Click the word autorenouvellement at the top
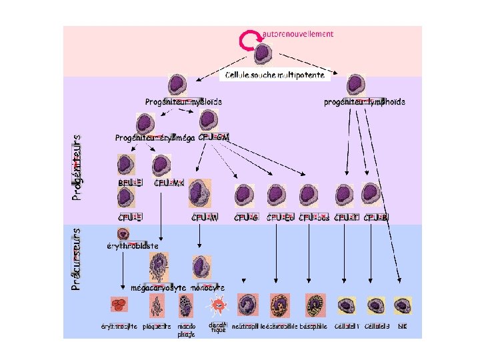pyautogui.click(x=299, y=33)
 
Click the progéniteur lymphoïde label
pyautogui.click(x=364, y=102)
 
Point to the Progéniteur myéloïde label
pyautogui.click(x=183, y=102)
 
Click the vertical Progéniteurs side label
pyautogui.click(x=77, y=165)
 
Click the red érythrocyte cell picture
pyautogui.click(x=119, y=305)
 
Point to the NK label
pyautogui.click(x=402, y=327)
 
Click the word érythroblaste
pyautogui.click(x=133, y=245)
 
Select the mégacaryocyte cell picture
pyautogui.click(x=159, y=267)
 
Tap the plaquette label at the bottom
pyautogui.click(x=157, y=327)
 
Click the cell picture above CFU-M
pyautogui.click(x=199, y=194)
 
